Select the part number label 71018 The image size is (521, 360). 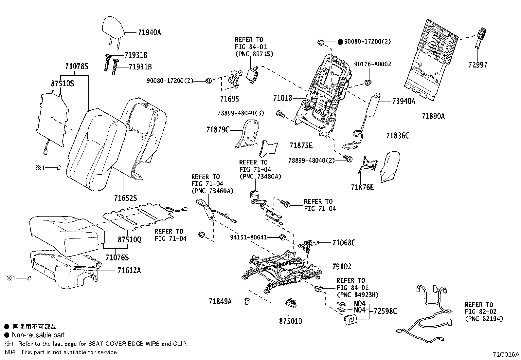tap(283, 98)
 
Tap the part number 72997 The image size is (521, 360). tap(478, 65)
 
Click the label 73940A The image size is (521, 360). tap(404, 101)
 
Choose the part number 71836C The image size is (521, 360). tap(398, 136)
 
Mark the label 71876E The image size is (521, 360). tap(362, 187)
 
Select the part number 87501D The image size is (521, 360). tap(291, 321)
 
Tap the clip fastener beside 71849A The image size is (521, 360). tap(247, 301)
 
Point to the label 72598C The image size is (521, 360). tap(385, 311)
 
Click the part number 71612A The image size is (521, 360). tap(129, 271)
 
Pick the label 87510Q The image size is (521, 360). tap(129, 239)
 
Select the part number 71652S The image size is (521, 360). tap(125, 198)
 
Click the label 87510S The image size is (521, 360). tap(62, 83)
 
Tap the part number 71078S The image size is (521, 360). tap(77, 66)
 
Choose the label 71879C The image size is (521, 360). tap(218, 130)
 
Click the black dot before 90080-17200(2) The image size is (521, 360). tap(340, 42)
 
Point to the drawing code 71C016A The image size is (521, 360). tap(506, 355)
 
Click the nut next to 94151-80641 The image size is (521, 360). tap(282, 237)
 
